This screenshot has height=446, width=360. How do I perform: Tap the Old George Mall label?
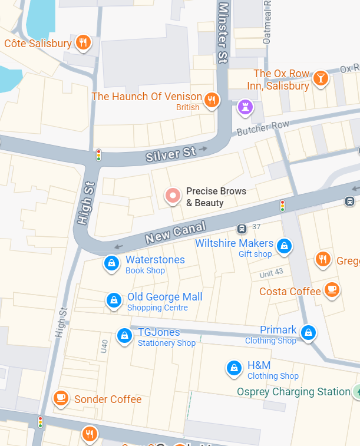[164, 297]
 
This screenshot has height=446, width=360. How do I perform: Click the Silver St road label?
[171, 154]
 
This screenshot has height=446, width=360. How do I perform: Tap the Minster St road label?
[223, 32]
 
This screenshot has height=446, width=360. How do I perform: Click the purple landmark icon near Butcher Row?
[245, 107]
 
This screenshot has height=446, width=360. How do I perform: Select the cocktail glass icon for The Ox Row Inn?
[320, 78]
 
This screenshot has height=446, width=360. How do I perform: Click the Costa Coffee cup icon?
[332, 289]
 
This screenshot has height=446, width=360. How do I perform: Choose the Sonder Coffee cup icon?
[60, 398]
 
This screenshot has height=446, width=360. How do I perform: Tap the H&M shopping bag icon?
[234, 368]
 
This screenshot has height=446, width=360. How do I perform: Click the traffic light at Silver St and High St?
[99, 155]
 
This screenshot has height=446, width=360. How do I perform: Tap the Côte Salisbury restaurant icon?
[83, 42]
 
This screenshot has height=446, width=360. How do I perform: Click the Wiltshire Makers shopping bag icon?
[285, 246]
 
